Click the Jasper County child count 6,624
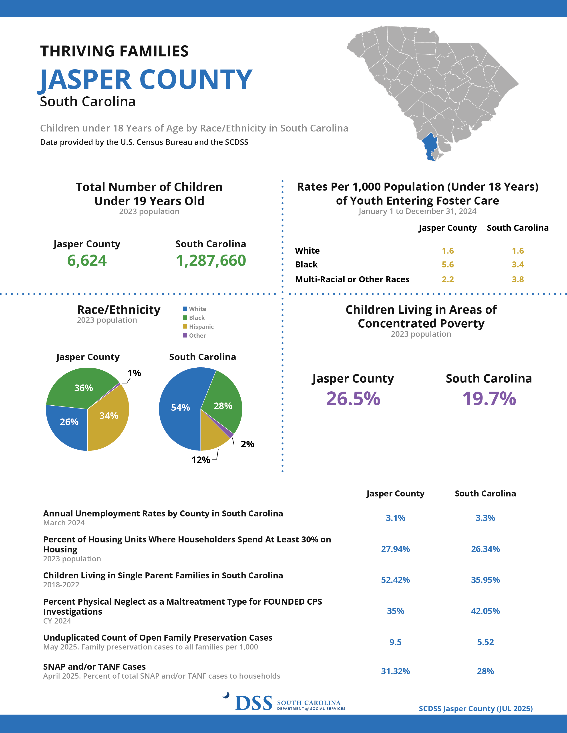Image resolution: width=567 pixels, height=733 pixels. (x=87, y=261)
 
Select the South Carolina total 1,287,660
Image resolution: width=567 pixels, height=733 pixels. (x=211, y=261)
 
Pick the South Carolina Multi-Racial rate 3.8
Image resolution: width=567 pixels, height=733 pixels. (x=518, y=279)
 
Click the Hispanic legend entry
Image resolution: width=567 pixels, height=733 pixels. (x=201, y=327)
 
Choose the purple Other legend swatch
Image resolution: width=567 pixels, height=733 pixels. (x=185, y=335)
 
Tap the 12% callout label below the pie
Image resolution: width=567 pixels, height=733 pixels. (x=201, y=460)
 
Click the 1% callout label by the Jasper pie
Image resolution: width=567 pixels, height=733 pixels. (x=134, y=373)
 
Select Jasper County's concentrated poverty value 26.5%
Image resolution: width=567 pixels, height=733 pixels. (x=353, y=399)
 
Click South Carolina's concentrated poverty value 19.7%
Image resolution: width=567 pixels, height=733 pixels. (x=489, y=399)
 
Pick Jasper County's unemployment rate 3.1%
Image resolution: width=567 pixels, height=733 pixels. (x=395, y=518)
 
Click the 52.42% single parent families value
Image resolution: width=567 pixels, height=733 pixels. (x=395, y=580)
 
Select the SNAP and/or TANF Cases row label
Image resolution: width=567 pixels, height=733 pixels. (x=94, y=667)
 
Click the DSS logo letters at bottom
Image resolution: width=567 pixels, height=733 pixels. (x=254, y=703)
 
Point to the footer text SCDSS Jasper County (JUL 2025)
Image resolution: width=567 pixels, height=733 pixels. (x=475, y=709)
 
